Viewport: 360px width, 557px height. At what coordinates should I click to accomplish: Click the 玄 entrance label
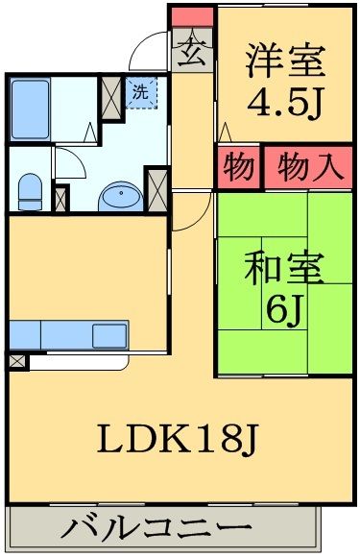192,51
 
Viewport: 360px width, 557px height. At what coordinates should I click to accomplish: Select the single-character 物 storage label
238,166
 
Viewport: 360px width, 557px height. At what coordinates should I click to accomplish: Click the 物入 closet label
308,166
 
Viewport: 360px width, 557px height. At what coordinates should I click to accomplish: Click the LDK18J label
178,440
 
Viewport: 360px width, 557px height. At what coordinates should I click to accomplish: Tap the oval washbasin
120,197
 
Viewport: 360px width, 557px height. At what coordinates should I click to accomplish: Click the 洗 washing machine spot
140,94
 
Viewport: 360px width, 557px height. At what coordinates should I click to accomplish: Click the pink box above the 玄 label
192,16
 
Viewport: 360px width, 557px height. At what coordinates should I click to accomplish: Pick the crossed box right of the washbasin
156,188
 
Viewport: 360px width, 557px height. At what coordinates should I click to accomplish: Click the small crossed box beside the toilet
61,198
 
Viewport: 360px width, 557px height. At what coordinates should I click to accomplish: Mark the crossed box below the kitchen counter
17,361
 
